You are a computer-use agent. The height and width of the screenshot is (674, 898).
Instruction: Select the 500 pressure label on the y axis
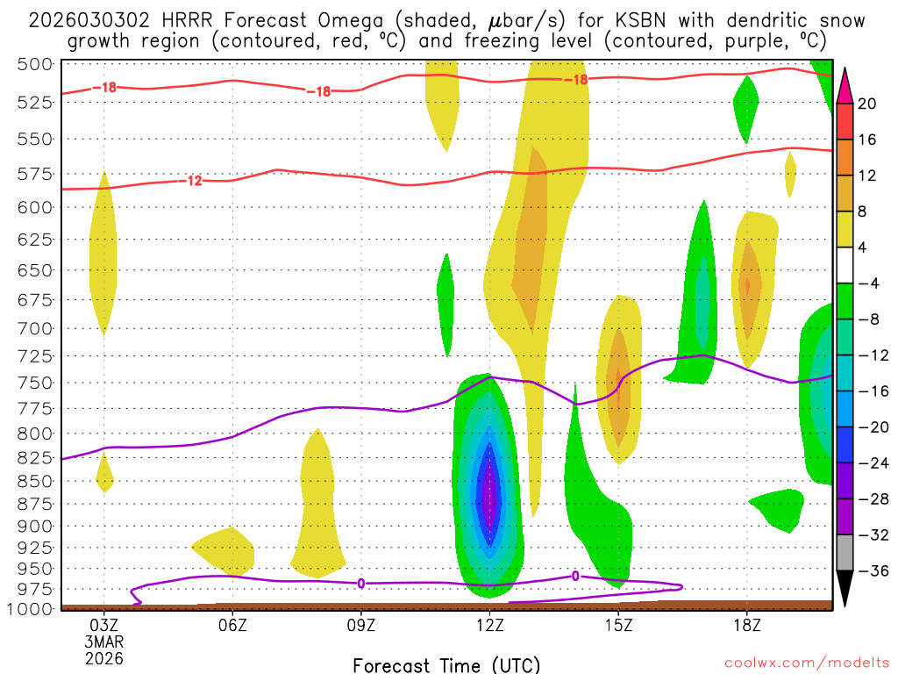click(x=35, y=64)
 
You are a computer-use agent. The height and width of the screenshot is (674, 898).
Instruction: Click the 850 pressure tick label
click(x=35, y=481)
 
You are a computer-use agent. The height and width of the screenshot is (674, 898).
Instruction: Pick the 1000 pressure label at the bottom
click(x=31, y=608)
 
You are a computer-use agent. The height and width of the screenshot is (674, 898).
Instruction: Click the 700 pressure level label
click(x=35, y=328)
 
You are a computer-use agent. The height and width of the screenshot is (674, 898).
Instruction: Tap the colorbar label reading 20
click(x=867, y=104)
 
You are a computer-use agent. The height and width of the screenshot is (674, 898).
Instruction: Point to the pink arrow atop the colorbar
click(x=845, y=85)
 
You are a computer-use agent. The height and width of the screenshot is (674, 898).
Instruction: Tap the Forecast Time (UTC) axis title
click(x=446, y=665)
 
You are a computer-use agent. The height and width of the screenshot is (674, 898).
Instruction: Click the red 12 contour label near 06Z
click(x=195, y=181)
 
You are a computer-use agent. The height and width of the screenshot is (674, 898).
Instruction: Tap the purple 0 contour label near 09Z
click(x=361, y=583)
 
